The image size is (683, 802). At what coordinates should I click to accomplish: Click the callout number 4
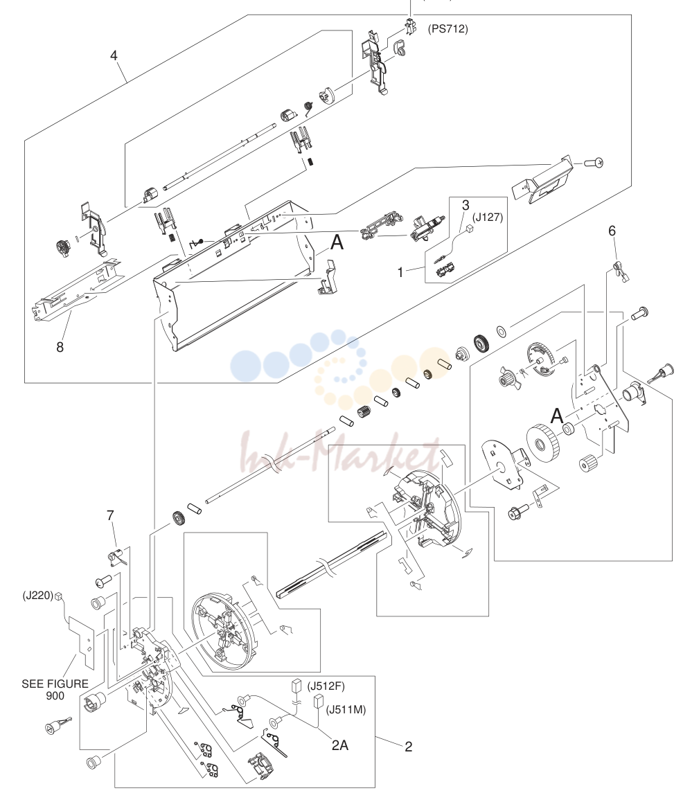(x=114, y=55)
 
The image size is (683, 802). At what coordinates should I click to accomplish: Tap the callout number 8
(x=60, y=347)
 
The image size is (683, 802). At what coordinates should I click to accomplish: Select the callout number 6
(x=612, y=231)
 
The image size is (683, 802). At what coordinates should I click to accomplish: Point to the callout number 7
(x=111, y=515)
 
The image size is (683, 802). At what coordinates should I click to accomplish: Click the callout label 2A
(x=339, y=745)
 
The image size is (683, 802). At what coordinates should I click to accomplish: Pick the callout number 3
(x=465, y=205)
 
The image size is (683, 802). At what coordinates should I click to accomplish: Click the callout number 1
(x=400, y=272)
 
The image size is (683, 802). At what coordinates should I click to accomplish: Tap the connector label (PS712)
(x=447, y=28)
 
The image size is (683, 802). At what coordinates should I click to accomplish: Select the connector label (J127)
(x=488, y=217)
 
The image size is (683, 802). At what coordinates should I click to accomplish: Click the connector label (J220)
(x=37, y=596)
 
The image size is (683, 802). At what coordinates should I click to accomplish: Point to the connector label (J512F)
(x=326, y=686)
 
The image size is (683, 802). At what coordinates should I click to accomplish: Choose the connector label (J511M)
(x=346, y=709)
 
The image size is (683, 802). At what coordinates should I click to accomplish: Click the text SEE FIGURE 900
(x=55, y=690)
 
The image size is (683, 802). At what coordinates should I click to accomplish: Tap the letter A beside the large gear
(x=557, y=416)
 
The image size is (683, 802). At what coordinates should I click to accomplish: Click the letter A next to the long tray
(x=337, y=242)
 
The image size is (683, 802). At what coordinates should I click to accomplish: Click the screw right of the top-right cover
(x=596, y=163)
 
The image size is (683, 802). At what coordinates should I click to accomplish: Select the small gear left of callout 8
(x=62, y=248)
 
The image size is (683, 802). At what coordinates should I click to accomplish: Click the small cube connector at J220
(x=58, y=596)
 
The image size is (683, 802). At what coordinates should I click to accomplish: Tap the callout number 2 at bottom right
(x=408, y=747)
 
